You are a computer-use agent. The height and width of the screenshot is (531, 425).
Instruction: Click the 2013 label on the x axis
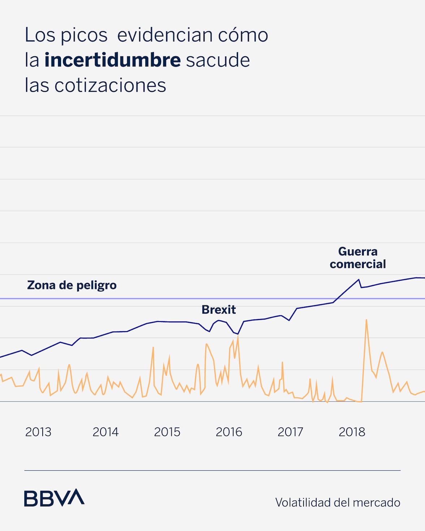38,432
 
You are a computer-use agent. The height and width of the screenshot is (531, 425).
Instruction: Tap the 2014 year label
106,432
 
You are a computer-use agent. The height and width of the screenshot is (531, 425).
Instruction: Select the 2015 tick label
167,432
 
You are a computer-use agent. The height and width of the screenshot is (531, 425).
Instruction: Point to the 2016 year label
229,432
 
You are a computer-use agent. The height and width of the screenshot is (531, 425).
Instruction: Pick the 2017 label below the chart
290,432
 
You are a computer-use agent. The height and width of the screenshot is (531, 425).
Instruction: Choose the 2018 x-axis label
352,432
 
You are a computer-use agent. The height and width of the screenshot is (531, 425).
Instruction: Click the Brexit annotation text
219,310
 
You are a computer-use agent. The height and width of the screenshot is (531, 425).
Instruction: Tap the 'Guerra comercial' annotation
358,258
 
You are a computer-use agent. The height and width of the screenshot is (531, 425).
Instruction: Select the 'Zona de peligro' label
72,285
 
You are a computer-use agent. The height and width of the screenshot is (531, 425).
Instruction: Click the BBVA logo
54,498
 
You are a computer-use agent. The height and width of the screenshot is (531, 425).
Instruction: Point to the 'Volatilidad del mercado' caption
338,502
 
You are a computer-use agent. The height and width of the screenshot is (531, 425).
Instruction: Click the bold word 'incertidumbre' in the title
112,60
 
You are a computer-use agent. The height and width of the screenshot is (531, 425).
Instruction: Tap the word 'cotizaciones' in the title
110,86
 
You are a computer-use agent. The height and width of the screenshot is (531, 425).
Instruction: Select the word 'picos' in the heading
84,35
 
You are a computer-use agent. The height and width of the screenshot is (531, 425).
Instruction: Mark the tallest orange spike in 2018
366,320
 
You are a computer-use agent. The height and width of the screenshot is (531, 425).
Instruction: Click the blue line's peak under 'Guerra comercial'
359,280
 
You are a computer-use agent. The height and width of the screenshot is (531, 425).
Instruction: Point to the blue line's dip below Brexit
237,334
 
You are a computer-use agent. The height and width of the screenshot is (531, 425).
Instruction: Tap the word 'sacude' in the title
218,60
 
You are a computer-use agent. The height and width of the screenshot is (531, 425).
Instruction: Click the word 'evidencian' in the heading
165,35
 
